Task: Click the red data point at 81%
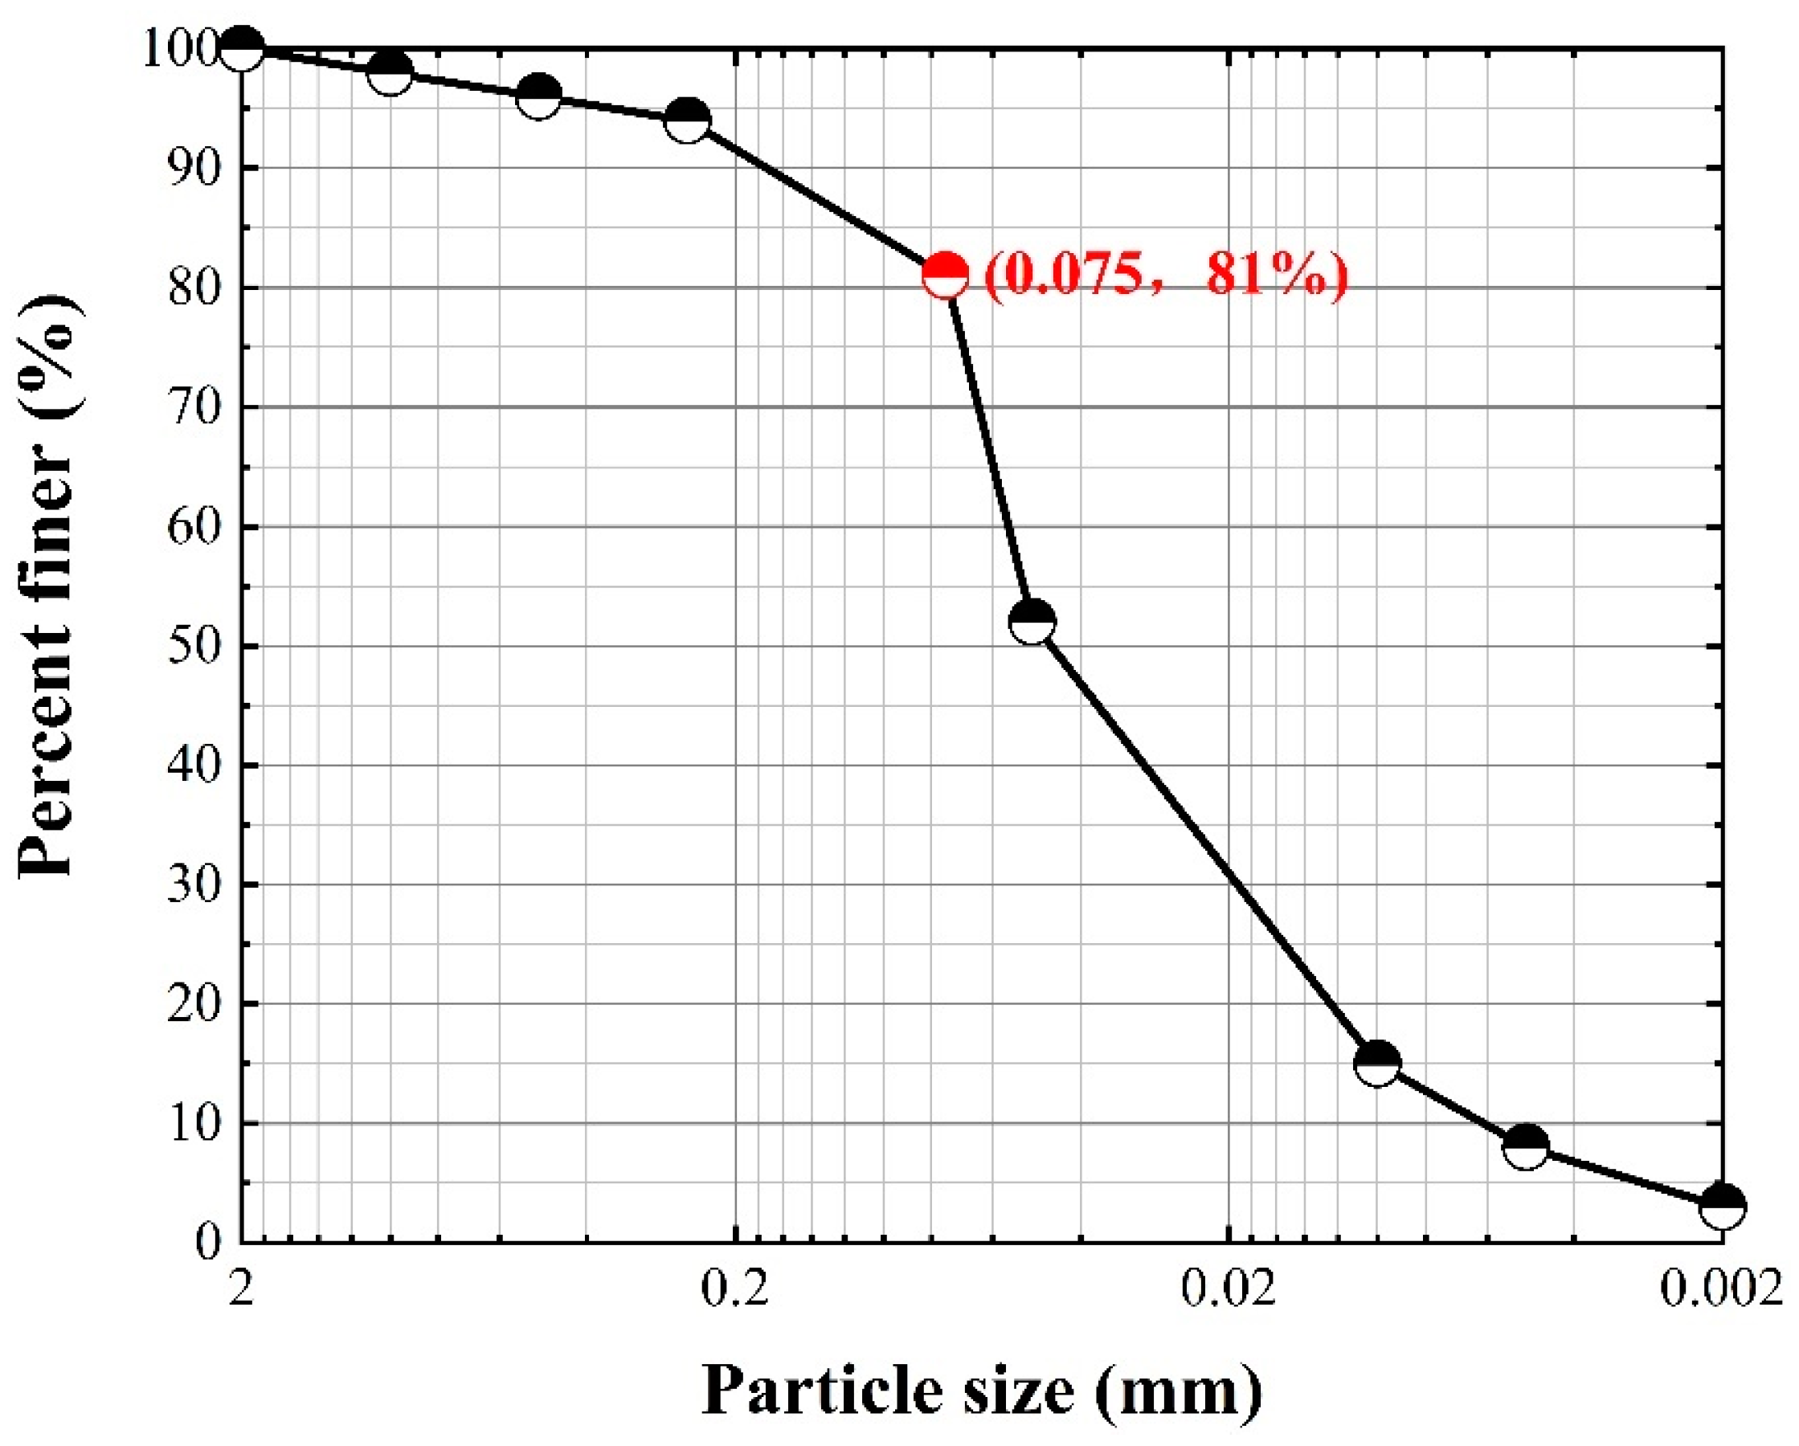(946, 276)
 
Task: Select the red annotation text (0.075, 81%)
(1166, 276)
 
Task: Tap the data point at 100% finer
(242, 48)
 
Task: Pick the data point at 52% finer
(1032, 622)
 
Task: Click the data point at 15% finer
(1378, 1063)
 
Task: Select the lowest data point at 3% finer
(1722, 1206)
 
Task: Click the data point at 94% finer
(688, 120)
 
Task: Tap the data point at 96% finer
(538, 96)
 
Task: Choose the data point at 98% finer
(390, 72)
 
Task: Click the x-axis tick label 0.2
(734, 1290)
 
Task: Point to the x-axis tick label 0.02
(1229, 1290)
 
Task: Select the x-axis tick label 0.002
(1720, 1290)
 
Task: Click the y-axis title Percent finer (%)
(51, 584)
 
